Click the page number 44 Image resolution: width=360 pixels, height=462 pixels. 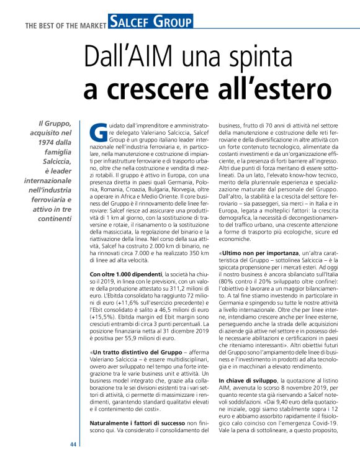coord(73,445)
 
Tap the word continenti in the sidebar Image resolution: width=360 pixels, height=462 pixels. coord(52,219)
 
